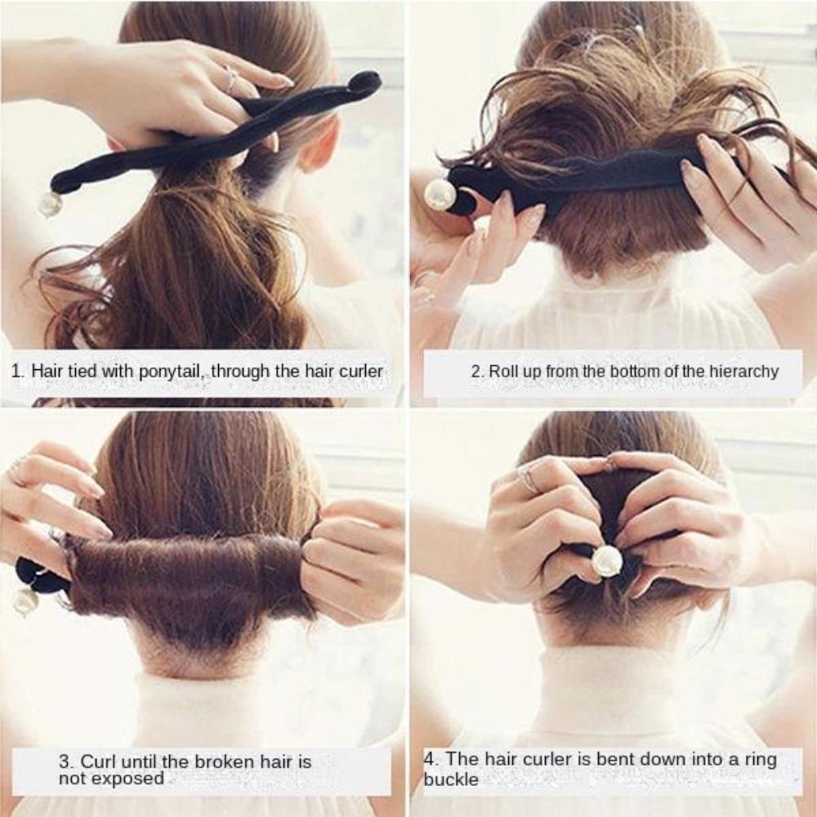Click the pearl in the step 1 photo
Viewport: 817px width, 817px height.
(49, 203)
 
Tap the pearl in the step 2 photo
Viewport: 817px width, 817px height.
(440, 194)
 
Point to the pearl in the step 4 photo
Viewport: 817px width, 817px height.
(606, 560)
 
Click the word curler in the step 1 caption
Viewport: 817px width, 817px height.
(356, 371)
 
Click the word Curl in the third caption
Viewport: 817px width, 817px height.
(96, 762)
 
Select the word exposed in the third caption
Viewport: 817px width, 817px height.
(127, 779)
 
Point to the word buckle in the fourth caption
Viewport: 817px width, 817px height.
(451, 779)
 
